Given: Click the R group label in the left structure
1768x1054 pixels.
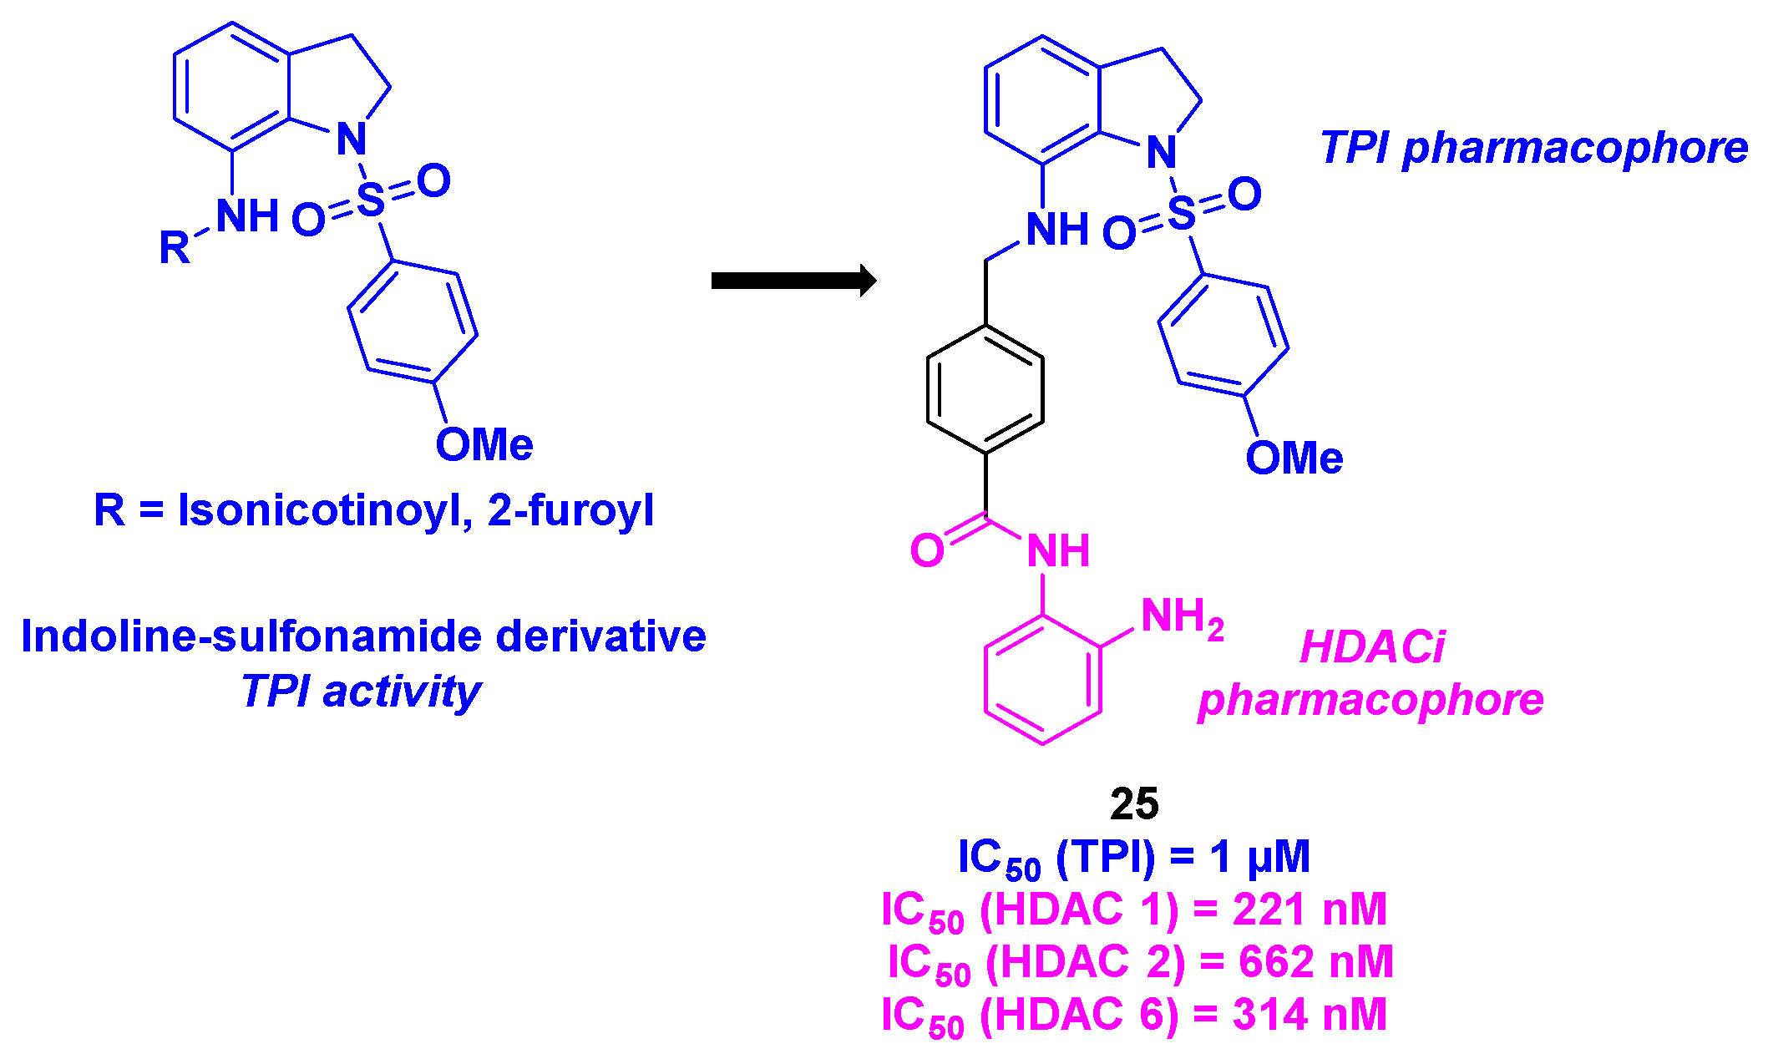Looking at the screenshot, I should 175,248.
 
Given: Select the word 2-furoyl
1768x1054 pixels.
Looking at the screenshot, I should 570,510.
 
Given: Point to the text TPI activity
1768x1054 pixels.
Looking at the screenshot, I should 361,692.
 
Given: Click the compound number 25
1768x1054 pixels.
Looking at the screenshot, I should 1134,804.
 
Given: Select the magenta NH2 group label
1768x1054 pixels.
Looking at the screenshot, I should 1181,618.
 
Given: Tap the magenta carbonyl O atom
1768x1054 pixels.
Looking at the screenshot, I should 927,551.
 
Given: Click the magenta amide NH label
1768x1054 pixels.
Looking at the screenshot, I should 1058,551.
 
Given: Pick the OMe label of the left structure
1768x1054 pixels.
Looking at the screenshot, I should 484,444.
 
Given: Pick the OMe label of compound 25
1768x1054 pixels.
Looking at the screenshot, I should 1294,458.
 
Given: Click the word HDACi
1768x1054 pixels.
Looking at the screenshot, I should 1371,647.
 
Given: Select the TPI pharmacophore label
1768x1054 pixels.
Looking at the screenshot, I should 1533,148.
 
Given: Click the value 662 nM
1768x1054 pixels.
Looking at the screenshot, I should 1315,962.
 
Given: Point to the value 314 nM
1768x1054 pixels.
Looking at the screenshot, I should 1309,1015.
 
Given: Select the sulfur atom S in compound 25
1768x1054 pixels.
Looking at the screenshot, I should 1182,213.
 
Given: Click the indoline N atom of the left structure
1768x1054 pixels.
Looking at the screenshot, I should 352,139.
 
